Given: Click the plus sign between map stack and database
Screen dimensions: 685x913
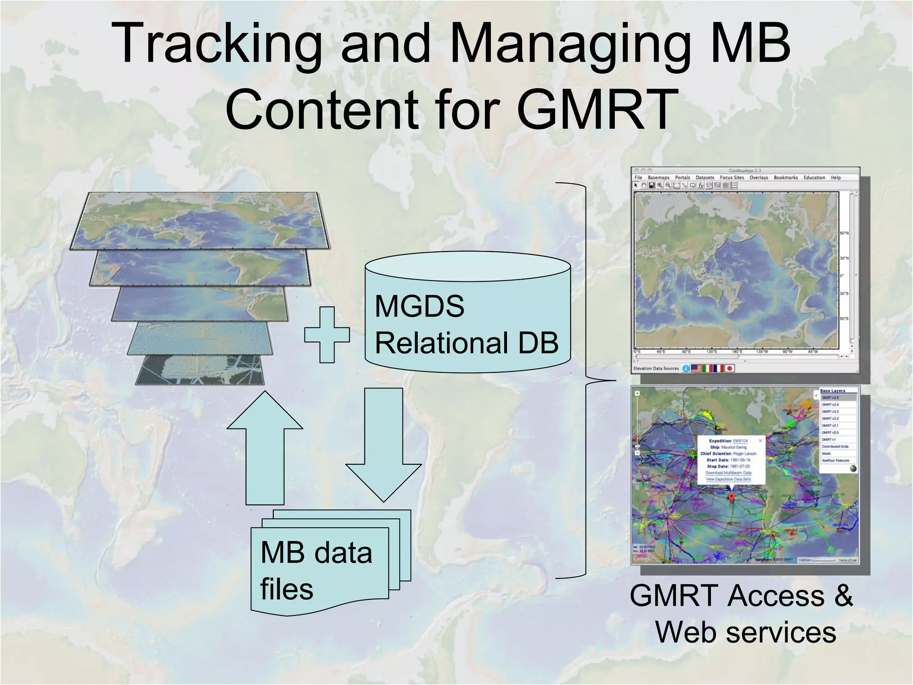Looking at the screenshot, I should (327, 335).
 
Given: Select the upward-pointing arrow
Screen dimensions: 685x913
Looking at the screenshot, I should (265, 450).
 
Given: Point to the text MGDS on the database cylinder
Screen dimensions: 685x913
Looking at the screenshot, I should (419, 306).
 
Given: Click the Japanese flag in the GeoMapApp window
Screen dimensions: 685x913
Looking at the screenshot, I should (729, 368).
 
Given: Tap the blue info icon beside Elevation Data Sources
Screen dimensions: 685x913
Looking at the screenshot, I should (686, 368).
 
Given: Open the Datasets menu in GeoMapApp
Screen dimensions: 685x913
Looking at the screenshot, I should (705, 177).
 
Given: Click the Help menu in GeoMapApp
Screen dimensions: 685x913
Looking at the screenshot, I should (835, 177).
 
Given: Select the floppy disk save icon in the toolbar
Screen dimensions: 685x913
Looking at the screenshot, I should (651, 186).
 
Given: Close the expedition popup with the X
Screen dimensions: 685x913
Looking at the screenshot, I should (761, 440).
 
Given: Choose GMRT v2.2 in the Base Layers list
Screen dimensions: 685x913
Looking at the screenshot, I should (830, 419).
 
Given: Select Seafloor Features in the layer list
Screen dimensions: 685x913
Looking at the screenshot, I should (835, 460).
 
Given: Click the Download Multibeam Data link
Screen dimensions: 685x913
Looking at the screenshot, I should (728, 473).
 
